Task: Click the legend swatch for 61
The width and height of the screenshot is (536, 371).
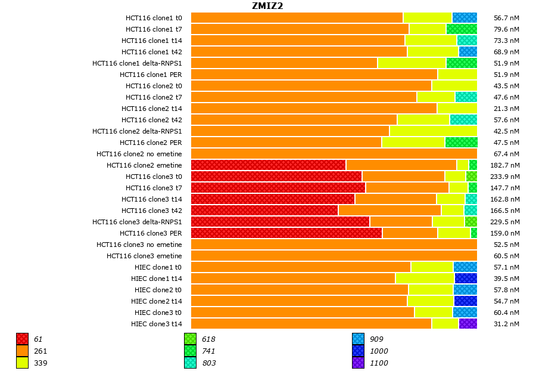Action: point(23,339)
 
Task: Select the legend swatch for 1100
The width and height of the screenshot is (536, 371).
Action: point(359,363)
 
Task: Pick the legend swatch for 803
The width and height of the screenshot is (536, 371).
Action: point(191,363)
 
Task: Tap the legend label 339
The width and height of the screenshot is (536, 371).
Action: point(40,363)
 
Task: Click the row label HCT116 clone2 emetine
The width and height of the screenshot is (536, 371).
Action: point(144,165)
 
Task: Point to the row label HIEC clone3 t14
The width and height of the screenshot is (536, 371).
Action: point(156,324)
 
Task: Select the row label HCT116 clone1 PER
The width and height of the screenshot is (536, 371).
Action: point(151,75)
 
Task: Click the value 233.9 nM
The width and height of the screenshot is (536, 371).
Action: point(506,177)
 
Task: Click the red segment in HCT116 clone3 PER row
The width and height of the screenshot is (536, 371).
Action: point(286,233)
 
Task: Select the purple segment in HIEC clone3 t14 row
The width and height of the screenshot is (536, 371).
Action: point(468,324)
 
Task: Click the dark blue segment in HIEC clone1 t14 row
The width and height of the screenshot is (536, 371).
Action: point(466,279)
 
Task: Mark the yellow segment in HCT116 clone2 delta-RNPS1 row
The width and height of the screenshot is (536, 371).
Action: point(433,131)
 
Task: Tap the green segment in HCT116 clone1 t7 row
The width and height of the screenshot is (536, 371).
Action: point(462,29)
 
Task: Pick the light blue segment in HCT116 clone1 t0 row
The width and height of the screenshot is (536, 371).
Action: point(465,18)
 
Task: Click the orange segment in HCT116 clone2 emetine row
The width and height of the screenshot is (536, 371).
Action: point(401,165)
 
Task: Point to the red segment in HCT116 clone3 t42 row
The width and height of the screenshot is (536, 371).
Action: point(264,211)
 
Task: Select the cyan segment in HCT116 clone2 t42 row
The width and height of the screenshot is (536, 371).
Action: point(463,120)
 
